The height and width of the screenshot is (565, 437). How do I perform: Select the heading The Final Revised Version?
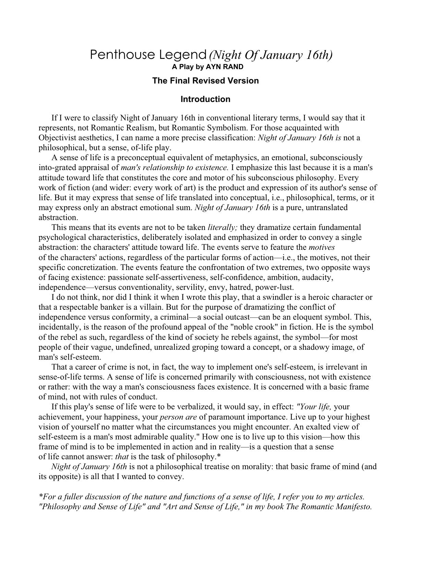[x=205, y=81]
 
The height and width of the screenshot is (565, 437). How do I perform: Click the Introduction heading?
[x=205, y=99]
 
